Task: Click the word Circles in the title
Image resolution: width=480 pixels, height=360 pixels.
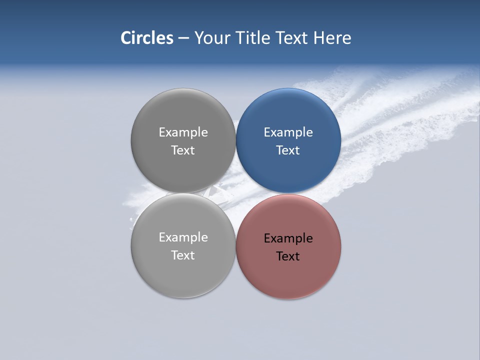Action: (x=146, y=37)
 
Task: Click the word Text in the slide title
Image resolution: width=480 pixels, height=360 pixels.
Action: (x=292, y=37)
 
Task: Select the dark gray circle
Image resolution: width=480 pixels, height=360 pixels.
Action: (x=183, y=115)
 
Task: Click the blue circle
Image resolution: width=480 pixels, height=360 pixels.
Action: (x=288, y=115)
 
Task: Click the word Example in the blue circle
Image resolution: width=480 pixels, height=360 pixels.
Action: (x=288, y=132)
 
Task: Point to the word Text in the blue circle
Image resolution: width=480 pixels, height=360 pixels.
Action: (x=288, y=150)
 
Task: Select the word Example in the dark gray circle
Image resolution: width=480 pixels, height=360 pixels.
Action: (x=183, y=132)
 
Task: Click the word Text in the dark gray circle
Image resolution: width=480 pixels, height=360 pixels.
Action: (x=183, y=150)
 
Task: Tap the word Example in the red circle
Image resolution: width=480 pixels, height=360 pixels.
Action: (x=288, y=238)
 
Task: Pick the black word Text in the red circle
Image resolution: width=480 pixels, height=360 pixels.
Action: (x=288, y=256)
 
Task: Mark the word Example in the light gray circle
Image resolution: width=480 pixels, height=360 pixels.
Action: (x=183, y=237)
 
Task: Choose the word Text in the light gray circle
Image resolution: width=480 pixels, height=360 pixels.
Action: (x=183, y=255)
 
